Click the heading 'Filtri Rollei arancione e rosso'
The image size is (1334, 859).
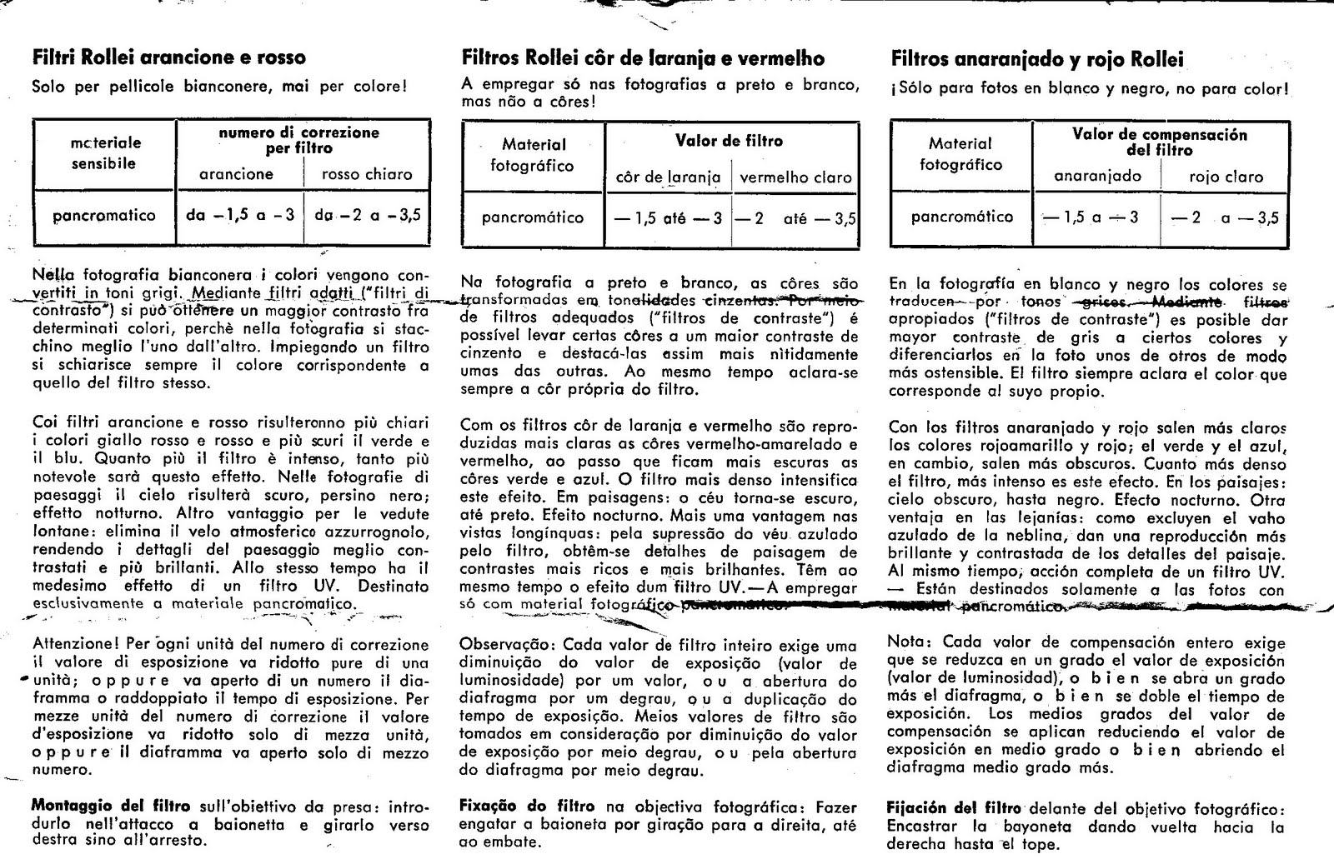coord(168,57)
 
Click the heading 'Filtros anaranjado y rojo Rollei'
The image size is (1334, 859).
coord(1037,59)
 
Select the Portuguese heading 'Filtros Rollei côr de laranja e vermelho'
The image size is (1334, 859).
coord(643,58)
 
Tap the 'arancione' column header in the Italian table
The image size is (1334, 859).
coord(236,174)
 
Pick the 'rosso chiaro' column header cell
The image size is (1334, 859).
coord(368,174)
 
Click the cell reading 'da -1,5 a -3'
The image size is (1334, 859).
coord(240,215)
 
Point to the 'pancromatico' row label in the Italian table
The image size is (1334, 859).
coord(104,216)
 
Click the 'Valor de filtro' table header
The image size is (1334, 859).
coord(730,141)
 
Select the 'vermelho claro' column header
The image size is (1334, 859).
coord(795,177)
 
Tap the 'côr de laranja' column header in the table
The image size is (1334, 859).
coord(668,177)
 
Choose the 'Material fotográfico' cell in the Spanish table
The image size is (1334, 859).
coord(960,154)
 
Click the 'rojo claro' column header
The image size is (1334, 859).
coord(1226,177)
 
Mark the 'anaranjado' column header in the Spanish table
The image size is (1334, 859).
coord(1097,177)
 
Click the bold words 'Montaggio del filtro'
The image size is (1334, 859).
coord(110,806)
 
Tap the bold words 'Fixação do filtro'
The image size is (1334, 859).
coord(527,806)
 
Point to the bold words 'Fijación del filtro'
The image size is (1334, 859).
coord(954,807)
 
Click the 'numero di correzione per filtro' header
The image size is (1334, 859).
coord(298,140)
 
